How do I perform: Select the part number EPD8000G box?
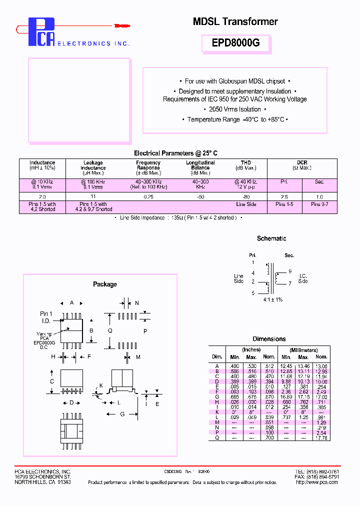235,43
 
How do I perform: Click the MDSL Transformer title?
235,21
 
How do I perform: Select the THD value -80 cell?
245,196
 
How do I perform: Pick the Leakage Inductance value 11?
93,196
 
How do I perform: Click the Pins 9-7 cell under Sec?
319,204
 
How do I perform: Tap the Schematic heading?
271,238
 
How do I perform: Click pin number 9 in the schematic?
290,271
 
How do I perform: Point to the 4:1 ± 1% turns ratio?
272,299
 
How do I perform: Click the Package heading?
105,284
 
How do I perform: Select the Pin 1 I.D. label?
46,316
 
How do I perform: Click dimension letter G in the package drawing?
122,414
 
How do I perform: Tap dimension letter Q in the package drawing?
110,331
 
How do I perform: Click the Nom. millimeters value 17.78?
321,438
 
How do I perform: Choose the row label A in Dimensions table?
217,366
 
